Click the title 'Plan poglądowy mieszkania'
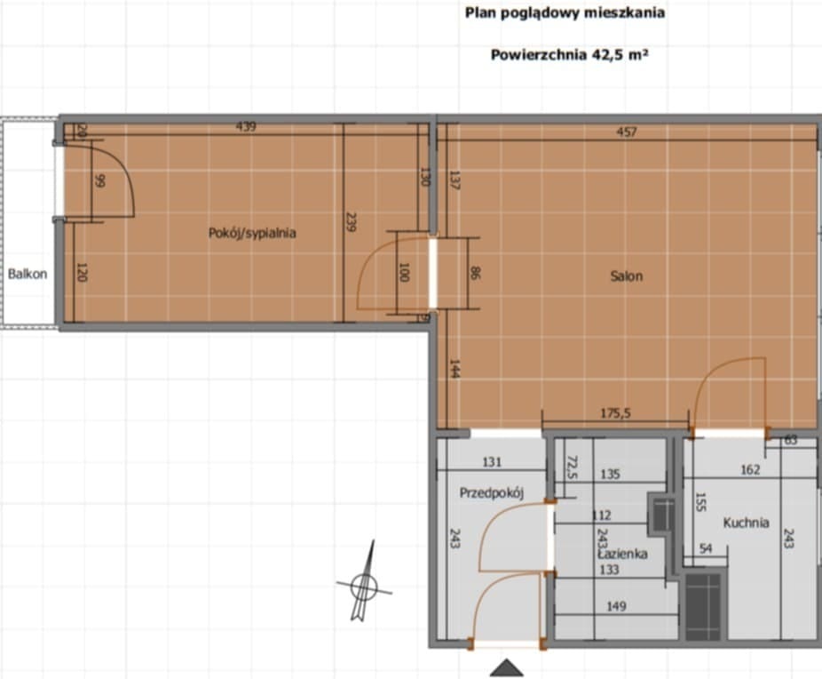565,12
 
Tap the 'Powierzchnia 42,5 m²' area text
569,54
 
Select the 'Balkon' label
28,274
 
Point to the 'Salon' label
626,276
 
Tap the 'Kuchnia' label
746,523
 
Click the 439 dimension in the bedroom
246,127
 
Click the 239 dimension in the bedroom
351,221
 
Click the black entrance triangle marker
506,667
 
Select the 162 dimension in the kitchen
750,470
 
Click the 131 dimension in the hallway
492,461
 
